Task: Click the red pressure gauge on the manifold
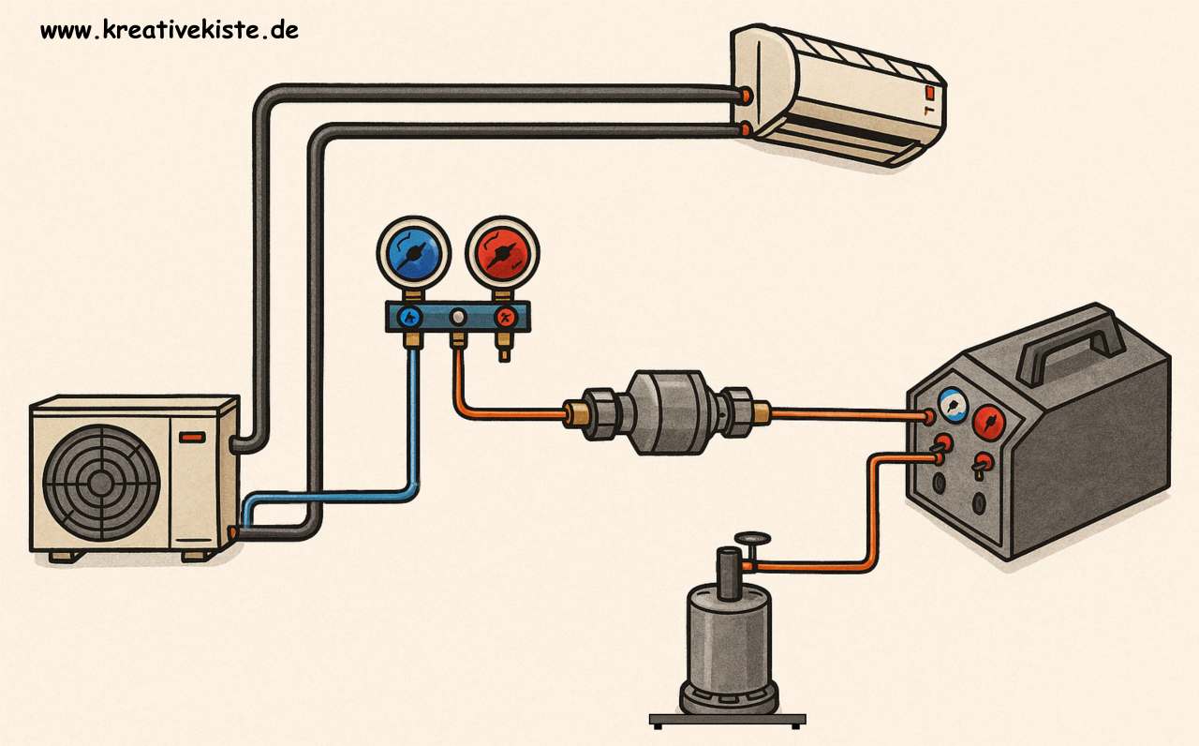tap(496, 251)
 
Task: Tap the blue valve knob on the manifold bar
tap(409, 317)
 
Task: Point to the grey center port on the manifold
tap(458, 318)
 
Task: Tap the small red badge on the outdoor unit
tap(193, 437)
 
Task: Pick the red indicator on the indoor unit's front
tap(928, 93)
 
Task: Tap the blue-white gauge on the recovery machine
tap(953, 405)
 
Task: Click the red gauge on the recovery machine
tap(988, 423)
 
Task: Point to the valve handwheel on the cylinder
tap(752, 539)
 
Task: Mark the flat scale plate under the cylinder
tap(727, 720)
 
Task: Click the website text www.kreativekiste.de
tap(170, 30)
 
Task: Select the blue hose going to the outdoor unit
tap(412, 422)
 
